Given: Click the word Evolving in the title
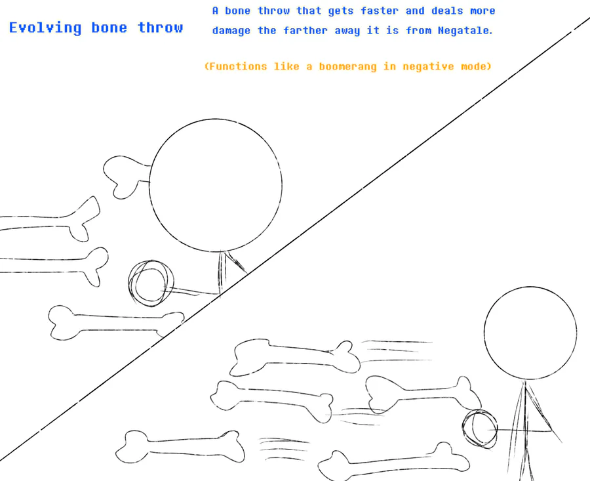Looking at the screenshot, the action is [45, 28].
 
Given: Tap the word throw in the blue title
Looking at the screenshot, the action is [161, 27].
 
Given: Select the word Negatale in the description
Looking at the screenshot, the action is [465, 30].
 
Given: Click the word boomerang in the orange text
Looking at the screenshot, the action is [347, 66].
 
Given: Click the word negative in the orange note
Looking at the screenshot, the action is [428, 67].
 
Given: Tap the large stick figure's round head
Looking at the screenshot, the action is [215, 185].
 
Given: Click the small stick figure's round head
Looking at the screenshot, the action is [530, 333].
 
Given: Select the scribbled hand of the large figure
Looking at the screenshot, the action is [151, 283].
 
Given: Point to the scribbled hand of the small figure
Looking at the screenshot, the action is [480, 429].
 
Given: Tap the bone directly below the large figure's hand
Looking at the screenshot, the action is [116, 322].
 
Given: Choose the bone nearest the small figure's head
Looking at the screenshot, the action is [423, 394].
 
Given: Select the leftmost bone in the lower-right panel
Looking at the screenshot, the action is [180, 447].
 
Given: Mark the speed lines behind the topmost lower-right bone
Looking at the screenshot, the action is [397, 351].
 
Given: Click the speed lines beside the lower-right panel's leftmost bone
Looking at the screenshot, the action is [283, 449].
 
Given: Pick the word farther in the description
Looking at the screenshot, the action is [305, 30].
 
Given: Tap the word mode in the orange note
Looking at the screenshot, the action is [476, 66].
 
